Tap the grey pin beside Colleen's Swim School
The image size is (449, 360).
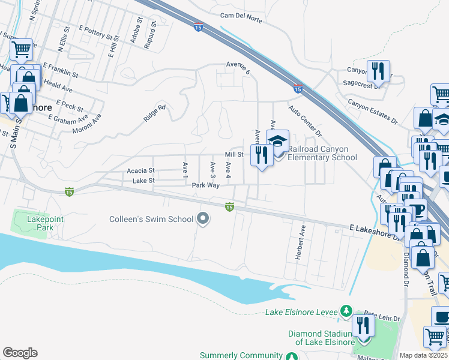pyautogui.click(x=203, y=219)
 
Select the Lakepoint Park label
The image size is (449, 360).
pyautogui.click(x=44, y=223)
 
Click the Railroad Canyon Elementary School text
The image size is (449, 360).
pyautogui.click(x=322, y=153)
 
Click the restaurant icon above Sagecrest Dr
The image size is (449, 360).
pyautogui.click(x=378, y=71)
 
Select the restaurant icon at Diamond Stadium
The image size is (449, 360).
pyautogui.click(x=363, y=325)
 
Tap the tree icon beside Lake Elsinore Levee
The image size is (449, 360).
pyautogui.click(x=346, y=311)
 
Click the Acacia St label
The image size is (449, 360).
pyautogui.click(x=140, y=171)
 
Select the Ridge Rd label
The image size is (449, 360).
pyautogui.click(x=154, y=114)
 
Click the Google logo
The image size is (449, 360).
pyautogui.click(x=20, y=353)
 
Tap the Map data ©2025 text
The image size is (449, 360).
pyautogui.click(x=423, y=355)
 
